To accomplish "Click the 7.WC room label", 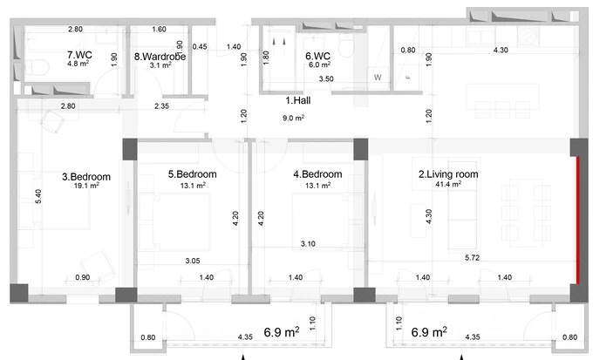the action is click(79, 55).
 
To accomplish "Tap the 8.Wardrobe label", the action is click(160, 57).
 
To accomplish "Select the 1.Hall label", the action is click(298, 100).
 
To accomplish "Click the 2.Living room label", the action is click(448, 174).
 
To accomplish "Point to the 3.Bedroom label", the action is click(86, 177).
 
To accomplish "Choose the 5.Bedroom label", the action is click(193, 174).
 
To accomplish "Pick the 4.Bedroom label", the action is click(317, 174).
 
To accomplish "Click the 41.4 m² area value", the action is click(448, 184).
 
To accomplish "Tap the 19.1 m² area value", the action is click(86, 186).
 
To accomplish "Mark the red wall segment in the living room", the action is click(577, 220).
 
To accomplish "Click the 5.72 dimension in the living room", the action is click(472, 258).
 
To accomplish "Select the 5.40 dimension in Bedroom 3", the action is click(38, 196).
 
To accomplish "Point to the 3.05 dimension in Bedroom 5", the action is click(193, 261).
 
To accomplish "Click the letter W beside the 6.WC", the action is click(378, 78).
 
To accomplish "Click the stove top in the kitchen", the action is click(528, 37).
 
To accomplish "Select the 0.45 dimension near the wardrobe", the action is click(200, 46).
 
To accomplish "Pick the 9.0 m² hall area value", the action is click(294, 118).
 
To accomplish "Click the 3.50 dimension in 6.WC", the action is click(326, 79).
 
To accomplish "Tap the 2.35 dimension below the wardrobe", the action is click(161, 106).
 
